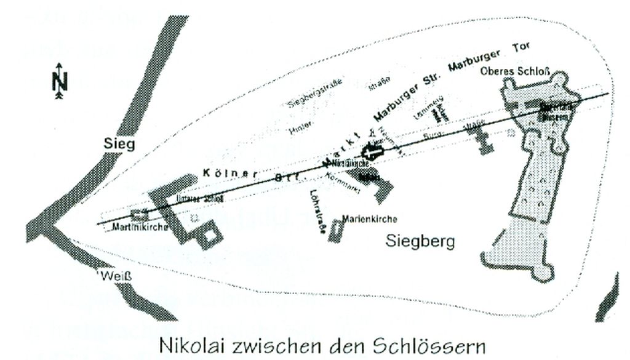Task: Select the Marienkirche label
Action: point(370,219)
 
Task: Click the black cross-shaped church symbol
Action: point(372,152)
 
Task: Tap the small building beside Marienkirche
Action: point(335,231)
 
